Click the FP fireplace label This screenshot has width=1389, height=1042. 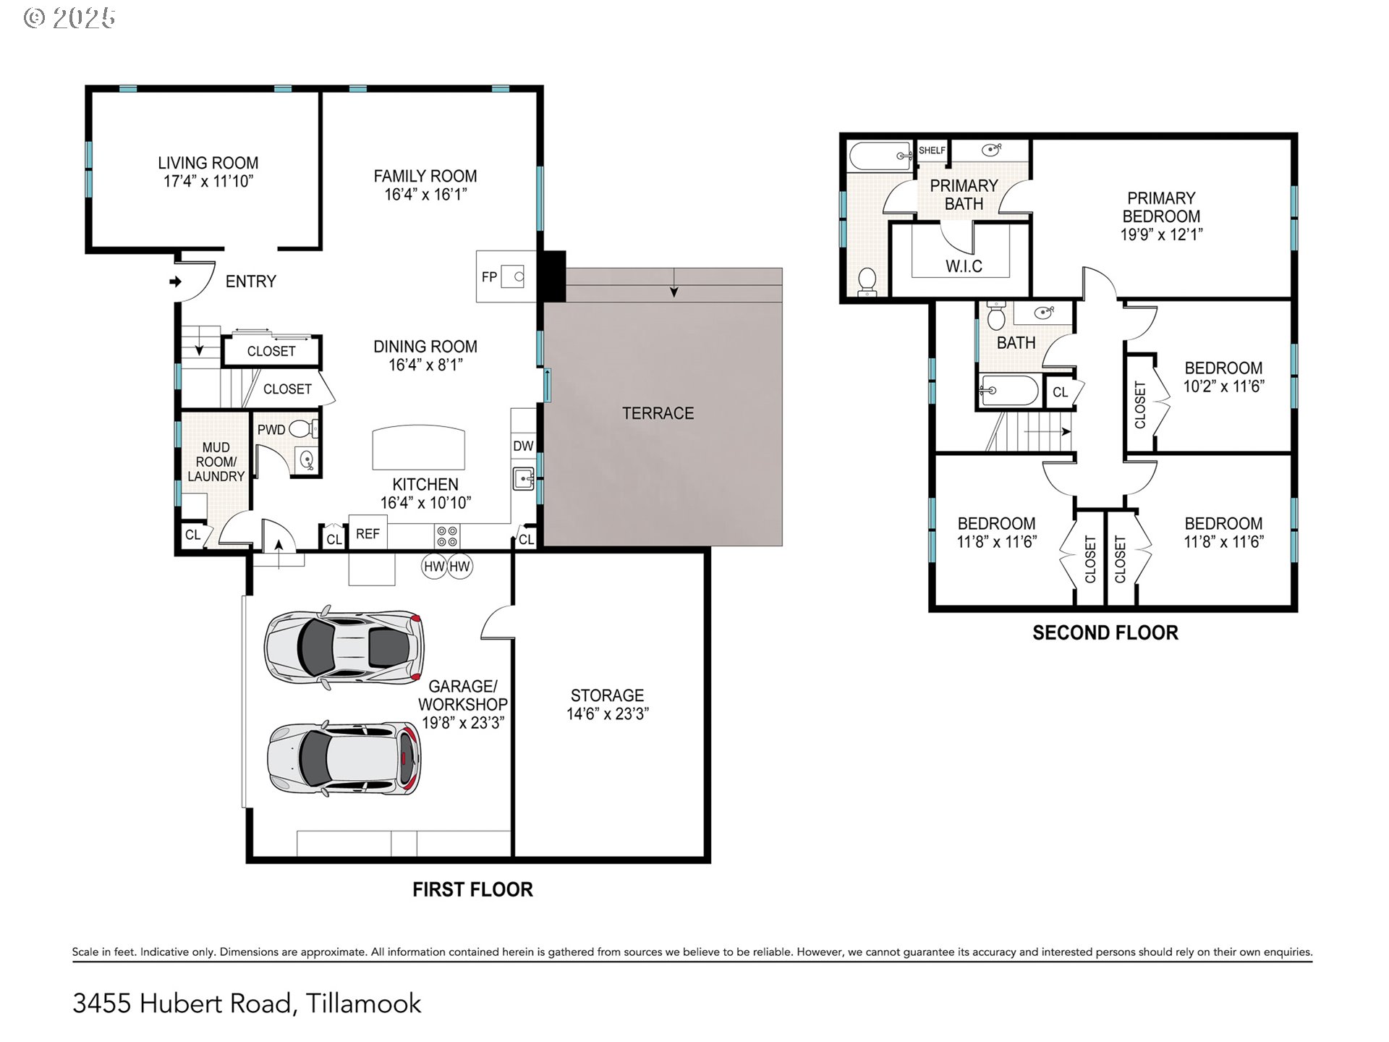pyautogui.click(x=490, y=277)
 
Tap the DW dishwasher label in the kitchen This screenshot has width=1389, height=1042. pyautogui.click(x=523, y=446)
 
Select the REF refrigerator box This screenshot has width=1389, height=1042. pyautogui.click(x=368, y=533)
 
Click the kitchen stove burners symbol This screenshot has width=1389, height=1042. pyautogui.click(x=447, y=536)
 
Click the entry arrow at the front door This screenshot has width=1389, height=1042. pyautogui.click(x=175, y=281)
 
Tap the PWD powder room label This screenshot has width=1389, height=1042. pyautogui.click(x=271, y=430)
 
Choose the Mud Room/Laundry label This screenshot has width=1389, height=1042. pyautogui.click(x=216, y=462)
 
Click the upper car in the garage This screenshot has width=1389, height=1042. pyautogui.click(x=344, y=645)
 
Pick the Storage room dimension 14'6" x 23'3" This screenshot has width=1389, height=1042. pyautogui.click(x=608, y=714)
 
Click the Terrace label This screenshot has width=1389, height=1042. pyautogui.click(x=658, y=413)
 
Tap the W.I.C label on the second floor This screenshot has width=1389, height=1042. pyautogui.click(x=964, y=266)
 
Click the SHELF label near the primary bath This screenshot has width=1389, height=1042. pyautogui.click(x=932, y=151)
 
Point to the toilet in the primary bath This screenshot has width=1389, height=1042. pyautogui.click(x=866, y=282)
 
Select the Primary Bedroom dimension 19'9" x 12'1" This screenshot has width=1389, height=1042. pyautogui.click(x=1161, y=234)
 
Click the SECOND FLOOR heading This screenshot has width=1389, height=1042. pyautogui.click(x=1105, y=633)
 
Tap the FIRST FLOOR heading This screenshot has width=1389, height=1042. pyautogui.click(x=472, y=889)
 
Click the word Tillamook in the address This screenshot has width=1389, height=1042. pyautogui.click(x=363, y=1003)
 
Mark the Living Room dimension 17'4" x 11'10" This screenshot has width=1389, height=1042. pyautogui.click(x=208, y=181)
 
